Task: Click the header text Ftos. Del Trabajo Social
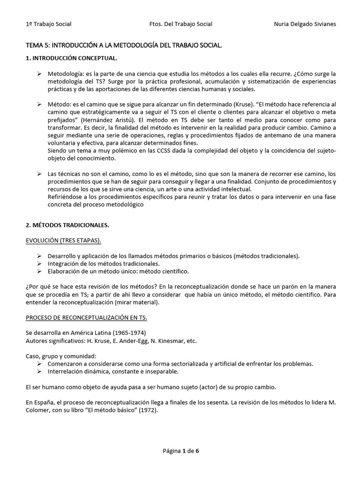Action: click(181, 24)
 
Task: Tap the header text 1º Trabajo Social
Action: click(48, 24)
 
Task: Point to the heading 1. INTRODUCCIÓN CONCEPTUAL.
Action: click(71, 58)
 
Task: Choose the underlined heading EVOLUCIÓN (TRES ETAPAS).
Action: click(63, 241)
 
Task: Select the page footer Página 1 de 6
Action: click(181, 451)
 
